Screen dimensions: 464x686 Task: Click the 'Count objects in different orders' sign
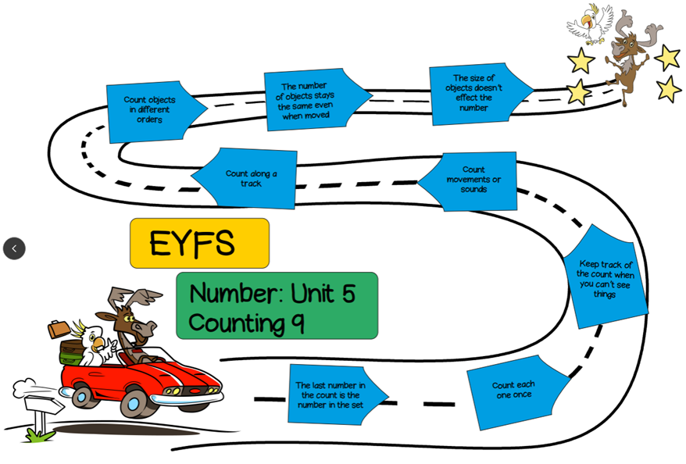click(151, 110)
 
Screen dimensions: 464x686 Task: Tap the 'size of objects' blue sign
click(475, 94)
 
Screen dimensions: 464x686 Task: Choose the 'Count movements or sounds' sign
click(473, 180)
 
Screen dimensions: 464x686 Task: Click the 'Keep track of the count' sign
click(606, 279)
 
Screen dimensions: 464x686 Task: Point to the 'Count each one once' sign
click(514, 391)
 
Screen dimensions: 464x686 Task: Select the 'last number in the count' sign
click(331, 394)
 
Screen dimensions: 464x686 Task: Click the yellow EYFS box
click(199, 243)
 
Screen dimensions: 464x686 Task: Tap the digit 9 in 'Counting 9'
click(297, 323)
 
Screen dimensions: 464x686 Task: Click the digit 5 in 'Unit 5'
click(347, 294)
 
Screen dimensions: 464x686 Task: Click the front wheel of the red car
click(135, 402)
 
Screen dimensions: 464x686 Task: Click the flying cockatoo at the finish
click(591, 23)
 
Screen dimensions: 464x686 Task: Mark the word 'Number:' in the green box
click(237, 294)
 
